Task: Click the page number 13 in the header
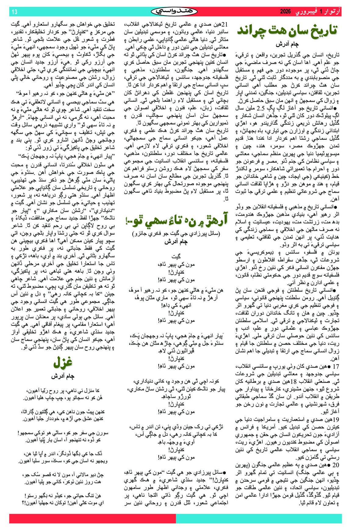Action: tap(14, 12)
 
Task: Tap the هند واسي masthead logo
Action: tap(174, 12)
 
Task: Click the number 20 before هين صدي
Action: tap(336, 465)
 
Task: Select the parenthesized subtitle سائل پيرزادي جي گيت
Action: tap(176, 234)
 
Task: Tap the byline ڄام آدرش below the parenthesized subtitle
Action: tap(176, 242)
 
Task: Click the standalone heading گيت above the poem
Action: tap(176, 257)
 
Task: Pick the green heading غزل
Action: tap(63, 362)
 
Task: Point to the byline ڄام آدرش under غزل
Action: tap(63, 376)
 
